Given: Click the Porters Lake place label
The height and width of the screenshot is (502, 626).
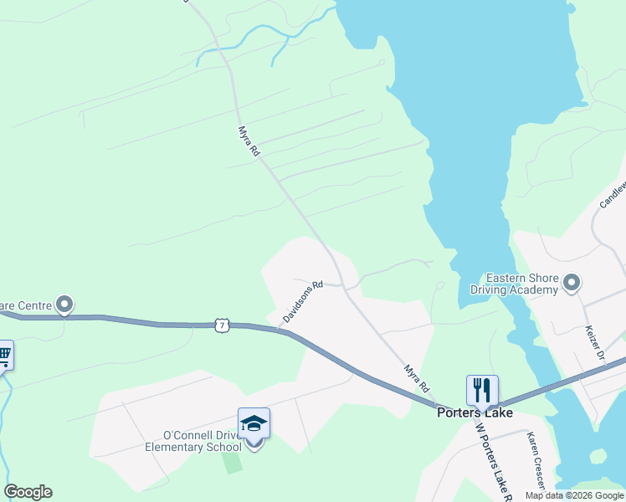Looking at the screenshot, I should (475, 412).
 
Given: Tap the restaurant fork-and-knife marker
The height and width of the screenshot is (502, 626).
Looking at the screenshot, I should (482, 390).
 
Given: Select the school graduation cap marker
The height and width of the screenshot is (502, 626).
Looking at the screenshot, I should (254, 424).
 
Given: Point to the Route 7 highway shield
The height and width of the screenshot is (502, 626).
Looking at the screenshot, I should (221, 324).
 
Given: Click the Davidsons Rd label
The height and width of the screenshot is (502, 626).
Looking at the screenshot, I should (302, 302).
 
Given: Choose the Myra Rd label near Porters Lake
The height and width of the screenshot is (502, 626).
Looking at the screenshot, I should (416, 378).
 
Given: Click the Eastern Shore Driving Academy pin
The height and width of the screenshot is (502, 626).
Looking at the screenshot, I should (572, 282).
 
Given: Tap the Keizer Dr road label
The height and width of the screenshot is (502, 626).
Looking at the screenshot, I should (595, 342).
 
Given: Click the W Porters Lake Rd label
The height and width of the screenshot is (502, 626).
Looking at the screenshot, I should (492, 456).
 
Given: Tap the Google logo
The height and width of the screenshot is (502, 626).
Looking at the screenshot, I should (28, 492).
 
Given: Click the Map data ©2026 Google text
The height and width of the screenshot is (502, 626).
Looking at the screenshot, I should (573, 495).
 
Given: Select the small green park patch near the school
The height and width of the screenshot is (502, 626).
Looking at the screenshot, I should (233, 464).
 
